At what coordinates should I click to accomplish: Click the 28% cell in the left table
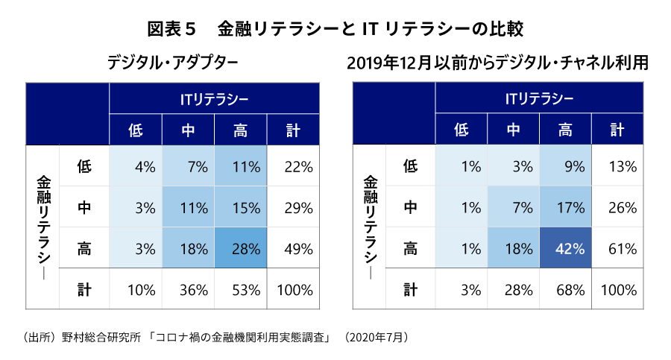(240, 249)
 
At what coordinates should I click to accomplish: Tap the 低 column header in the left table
(136, 130)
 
